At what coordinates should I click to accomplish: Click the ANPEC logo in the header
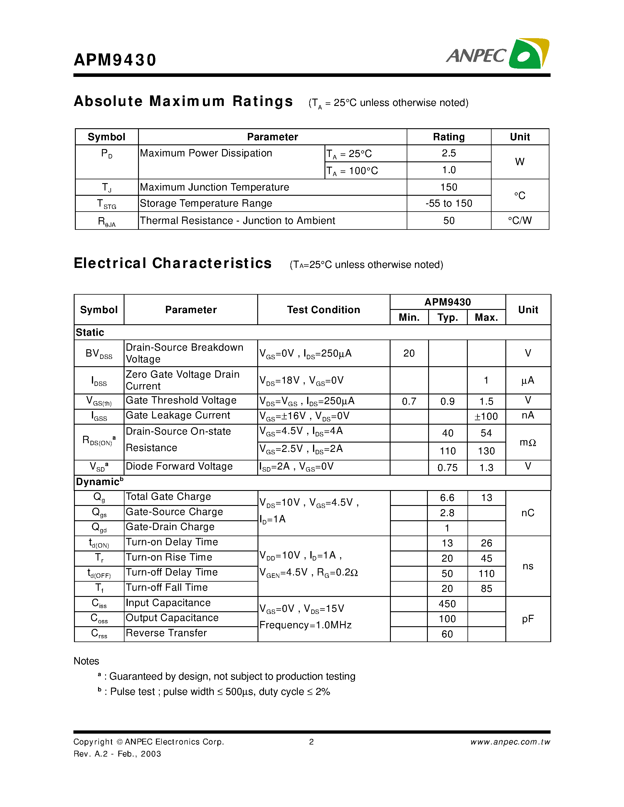497,54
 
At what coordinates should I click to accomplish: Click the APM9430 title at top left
115,60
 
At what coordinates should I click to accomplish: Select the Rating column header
448,137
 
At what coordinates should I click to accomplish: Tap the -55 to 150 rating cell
448,203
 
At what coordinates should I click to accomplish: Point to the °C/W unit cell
519,221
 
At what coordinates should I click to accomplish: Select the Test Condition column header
324,310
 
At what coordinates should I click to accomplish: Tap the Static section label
90,332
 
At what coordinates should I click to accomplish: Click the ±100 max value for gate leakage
486,416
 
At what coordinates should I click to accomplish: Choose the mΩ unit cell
527,442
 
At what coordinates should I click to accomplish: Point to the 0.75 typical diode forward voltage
447,468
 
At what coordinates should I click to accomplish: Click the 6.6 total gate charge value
447,498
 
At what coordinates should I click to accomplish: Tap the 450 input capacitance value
447,604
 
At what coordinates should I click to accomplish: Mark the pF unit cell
527,619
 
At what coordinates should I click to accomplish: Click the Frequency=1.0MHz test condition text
305,625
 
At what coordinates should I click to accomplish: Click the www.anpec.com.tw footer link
510,742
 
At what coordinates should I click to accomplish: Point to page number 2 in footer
311,742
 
